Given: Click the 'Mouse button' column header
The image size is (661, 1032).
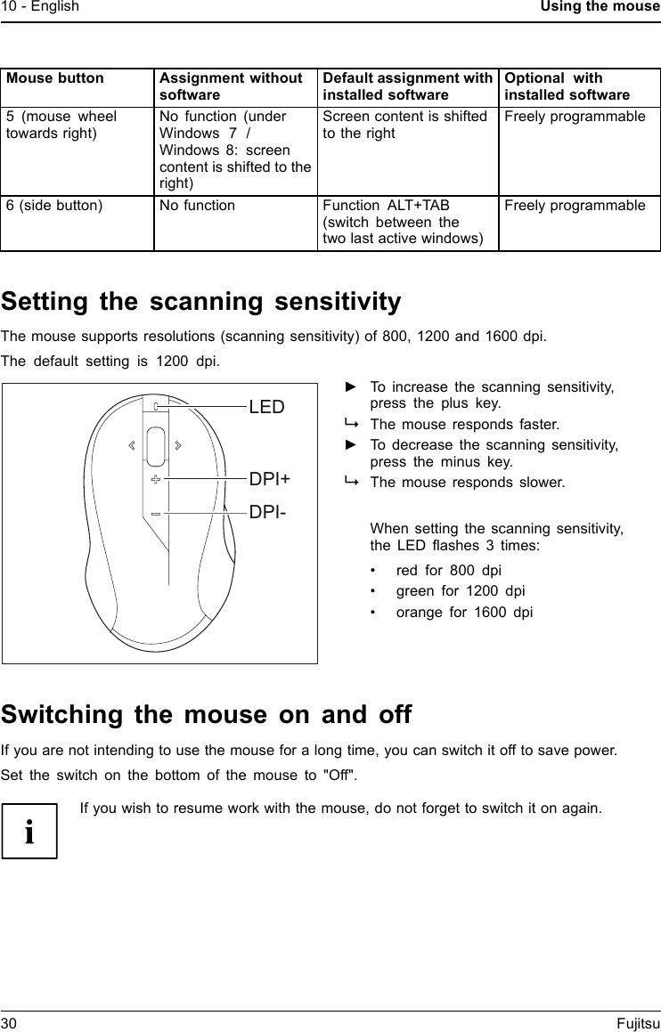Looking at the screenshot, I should tap(55, 78).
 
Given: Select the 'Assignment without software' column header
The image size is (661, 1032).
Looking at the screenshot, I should tap(231, 86).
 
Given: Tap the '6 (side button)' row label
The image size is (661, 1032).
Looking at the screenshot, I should tap(54, 206).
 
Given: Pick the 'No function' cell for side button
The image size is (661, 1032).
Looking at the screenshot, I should tap(197, 206).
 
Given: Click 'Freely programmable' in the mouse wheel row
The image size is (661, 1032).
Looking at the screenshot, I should tap(575, 117).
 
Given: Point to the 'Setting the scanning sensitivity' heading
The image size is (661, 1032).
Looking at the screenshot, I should tap(201, 303).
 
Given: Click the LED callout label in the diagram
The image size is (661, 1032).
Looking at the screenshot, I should tap(266, 408).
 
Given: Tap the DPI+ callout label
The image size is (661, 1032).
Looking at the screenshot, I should tap(269, 479).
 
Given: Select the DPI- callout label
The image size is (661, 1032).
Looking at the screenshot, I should tap(267, 513).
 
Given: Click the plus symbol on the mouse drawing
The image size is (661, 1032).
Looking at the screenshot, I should tap(156, 479).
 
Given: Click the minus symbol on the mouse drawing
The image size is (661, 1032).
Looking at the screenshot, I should tap(156, 514).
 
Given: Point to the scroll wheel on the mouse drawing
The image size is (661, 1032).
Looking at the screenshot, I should tap(156, 445).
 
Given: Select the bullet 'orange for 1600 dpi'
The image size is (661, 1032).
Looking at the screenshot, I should tap(464, 612).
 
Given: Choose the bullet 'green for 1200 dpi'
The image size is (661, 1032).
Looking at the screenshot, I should tap(460, 590).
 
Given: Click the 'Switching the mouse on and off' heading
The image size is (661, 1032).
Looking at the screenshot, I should tap(207, 715).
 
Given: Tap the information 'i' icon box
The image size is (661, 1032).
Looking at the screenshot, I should tap(29, 831).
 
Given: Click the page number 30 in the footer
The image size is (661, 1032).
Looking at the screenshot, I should tap(9, 1024).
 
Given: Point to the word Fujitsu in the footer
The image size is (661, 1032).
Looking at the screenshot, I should tap(638, 1024).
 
